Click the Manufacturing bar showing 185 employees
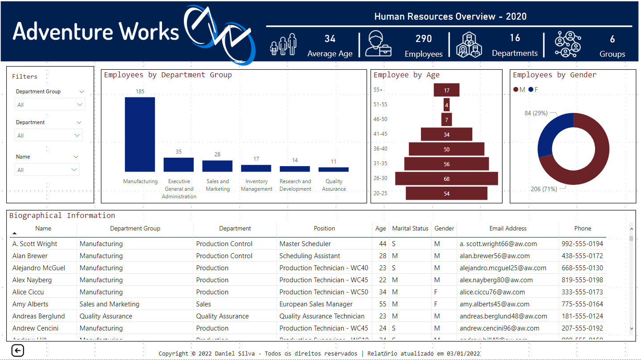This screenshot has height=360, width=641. pos(140,134)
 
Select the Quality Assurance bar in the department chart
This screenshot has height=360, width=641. pos(333,170)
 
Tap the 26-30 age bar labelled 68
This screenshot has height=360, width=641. pos(446,179)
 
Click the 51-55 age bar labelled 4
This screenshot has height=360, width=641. pos(446,105)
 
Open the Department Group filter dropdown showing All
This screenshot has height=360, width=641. pos(50,105)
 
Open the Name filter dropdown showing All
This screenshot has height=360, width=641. pos(46,170)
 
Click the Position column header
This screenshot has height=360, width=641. pos(324,228)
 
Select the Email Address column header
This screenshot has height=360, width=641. pos(508,228)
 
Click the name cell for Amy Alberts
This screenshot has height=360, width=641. pos(30,304)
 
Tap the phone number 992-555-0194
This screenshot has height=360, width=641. pos(582,244)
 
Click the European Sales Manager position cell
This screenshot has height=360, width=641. pos(316,304)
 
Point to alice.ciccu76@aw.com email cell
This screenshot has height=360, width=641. pos(492,292)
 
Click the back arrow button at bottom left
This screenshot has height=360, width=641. pos(18,351)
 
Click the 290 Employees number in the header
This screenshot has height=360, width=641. pos(424,39)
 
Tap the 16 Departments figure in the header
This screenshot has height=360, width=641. pos(515,38)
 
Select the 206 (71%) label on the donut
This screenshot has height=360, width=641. pos(544,189)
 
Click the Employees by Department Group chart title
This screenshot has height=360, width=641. pos(168,75)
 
